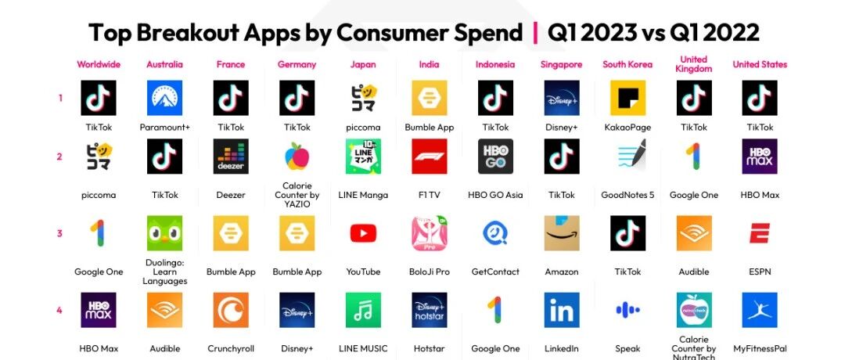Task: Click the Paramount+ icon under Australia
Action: point(164,98)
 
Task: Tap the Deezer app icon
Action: point(231,157)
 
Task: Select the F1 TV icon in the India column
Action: point(430,157)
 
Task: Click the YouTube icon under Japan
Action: point(363,233)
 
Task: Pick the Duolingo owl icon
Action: point(164,233)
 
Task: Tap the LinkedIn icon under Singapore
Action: point(562,311)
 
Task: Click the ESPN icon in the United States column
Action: point(760,233)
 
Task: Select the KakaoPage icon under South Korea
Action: point(627,98)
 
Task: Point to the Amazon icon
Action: point(562,233)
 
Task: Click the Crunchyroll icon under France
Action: point(231,311)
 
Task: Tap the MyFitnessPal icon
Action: point(760,311)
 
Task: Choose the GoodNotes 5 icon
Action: point(627,157)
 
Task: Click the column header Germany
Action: point(297,65)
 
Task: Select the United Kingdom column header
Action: point(693,64)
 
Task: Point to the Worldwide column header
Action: point(99,64)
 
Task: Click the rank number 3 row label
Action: point(59,233)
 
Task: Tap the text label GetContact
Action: point(495,272)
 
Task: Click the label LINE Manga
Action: point(363,195)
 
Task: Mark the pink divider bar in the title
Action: point(535,33)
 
